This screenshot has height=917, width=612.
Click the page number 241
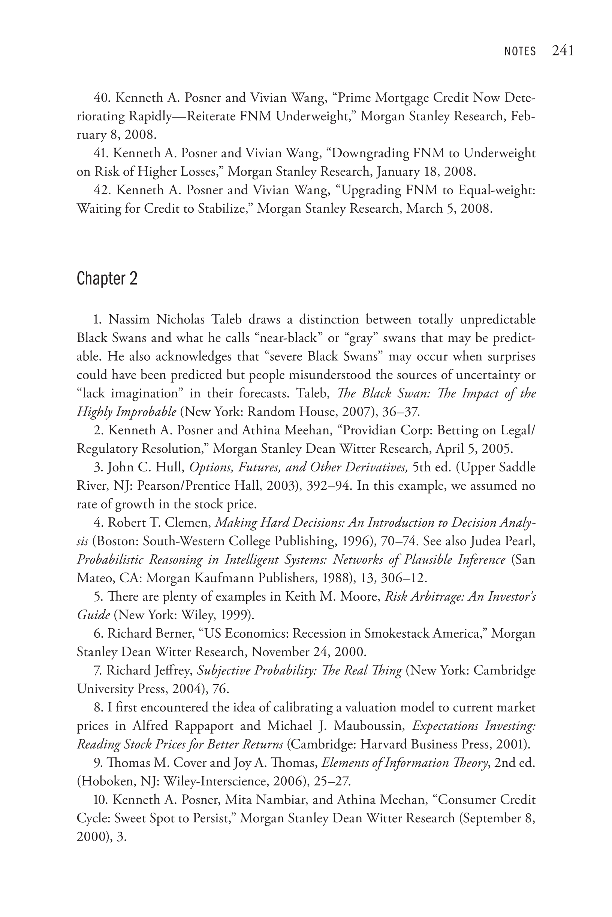563,51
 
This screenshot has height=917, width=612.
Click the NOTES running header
520,51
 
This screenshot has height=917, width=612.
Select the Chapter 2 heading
107,278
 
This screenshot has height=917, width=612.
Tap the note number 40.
102,97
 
